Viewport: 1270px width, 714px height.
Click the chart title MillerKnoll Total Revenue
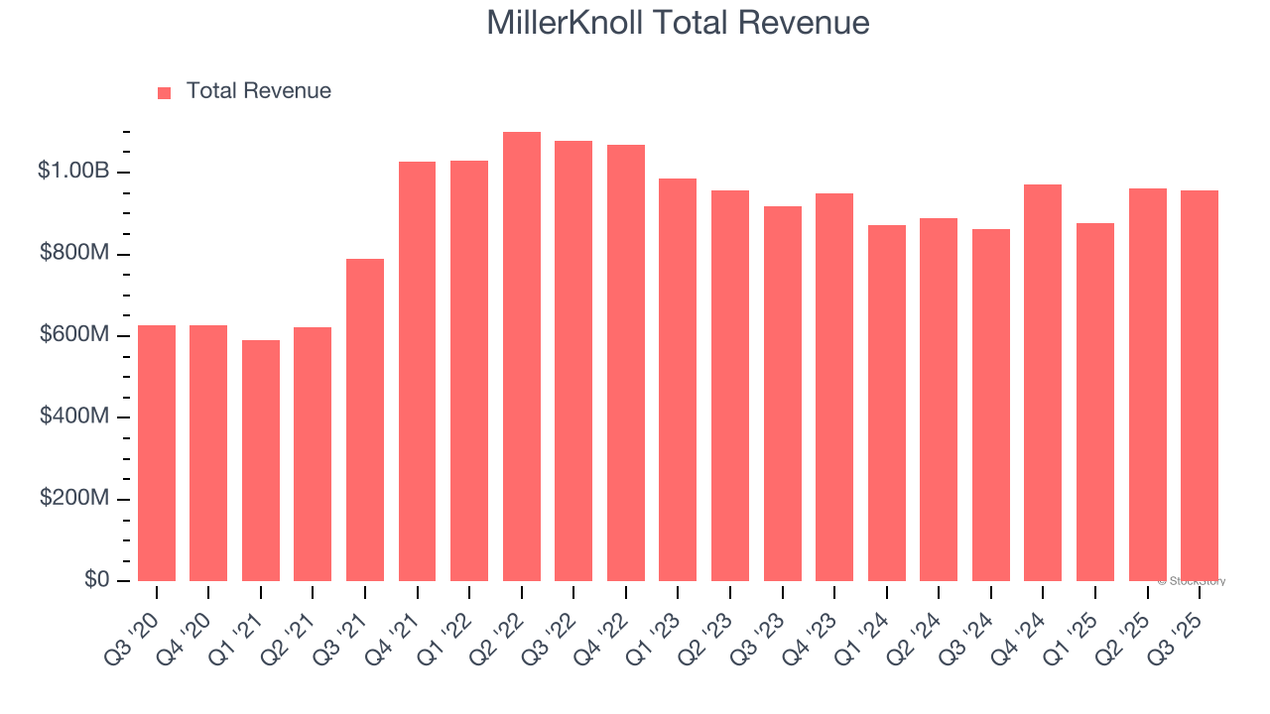pyautogui.click(x=679, y=23)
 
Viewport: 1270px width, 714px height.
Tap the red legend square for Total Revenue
pyautogui.click(x=165, y=92)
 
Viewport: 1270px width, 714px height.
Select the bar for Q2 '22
pyautogui.click(x=522, y=356)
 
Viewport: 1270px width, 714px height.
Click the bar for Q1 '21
pyautogui.click(x=261, y=460)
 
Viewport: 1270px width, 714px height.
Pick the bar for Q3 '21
pyautogui.click(x=365, y=419)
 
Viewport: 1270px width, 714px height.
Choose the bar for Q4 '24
pyautogui.click(x=1043, y=383)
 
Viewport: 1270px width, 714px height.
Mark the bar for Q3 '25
pyautogui.click(x=1200, y=386)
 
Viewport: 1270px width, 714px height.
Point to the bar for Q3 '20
pyautogui.click(x=157, y=453)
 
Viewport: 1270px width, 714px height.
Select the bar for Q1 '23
pyautogui.click(x=678, y=380)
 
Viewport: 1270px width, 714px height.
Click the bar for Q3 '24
pyautogui.click(x=991, y=405)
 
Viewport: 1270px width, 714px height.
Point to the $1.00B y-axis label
pyautogui.click(x=73, y=172)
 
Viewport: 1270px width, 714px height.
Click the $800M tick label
pyautogui.click(x=74, y=254)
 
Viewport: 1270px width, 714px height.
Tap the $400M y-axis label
pyautogui.click(x=74, y=416)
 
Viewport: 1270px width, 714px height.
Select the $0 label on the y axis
pyautogui.click(x=94, y=580)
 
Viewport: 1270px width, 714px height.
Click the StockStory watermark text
pyautogui.click(x=1191, y=581)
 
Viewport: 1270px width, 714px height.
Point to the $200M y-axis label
pyautogui.click(x=74, y=498)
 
